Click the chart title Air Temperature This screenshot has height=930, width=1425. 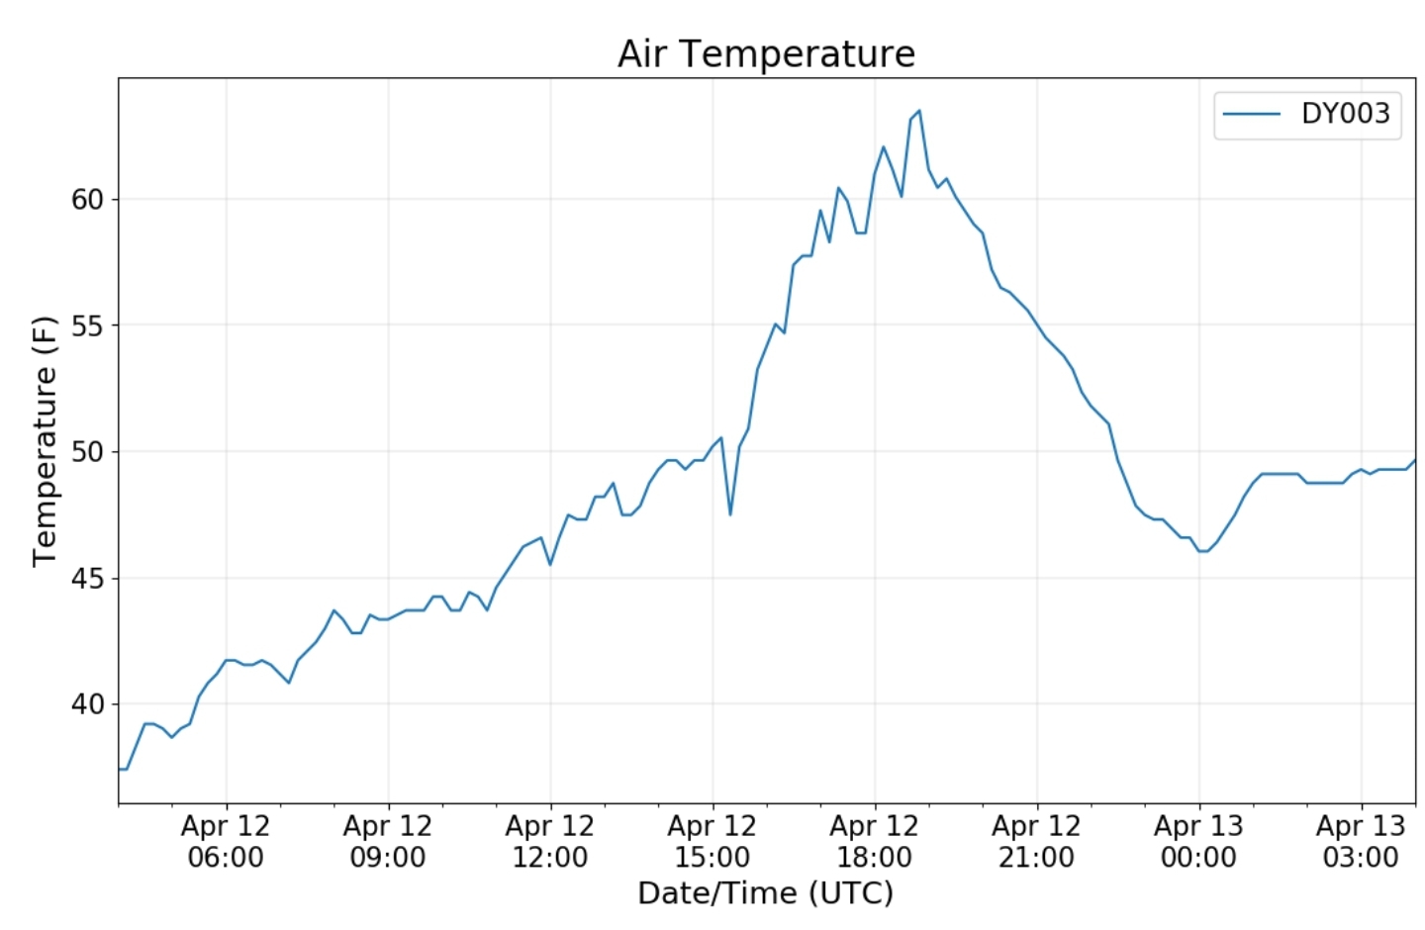click(x=766, y=53)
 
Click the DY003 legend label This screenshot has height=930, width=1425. click(x=1345, y=114)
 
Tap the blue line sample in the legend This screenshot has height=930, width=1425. click(x=1252, y=114)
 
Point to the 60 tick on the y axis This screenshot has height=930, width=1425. click(x=87, y=200)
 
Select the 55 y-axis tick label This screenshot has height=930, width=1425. click(x=87, y=326)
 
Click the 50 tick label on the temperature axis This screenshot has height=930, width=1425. click(x=87, y=452)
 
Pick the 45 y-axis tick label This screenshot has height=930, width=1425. click(x=87, y=579)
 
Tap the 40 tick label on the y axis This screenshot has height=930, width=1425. click(x=87, y=704)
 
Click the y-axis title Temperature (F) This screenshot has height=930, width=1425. click(x=45, y=441)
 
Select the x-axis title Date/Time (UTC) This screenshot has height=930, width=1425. click(x=766, y=892)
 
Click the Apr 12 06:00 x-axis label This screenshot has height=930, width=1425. click(x=226, y=841)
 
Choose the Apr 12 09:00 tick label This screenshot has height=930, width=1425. click(x=388, y=841)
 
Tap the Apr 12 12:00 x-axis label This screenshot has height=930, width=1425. click(x=550, y=841)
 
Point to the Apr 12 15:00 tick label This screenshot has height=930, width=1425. click(x=712, y=841)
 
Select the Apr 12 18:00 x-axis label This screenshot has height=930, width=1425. click(x=875, y=841)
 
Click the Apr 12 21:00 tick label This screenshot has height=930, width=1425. click(x=1037, y=841)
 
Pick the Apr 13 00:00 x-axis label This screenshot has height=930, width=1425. click(x=1198, y=841)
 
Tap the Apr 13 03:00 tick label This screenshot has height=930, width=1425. click(x=1361, y=841)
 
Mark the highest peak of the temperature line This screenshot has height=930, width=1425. click(x=919, y=111)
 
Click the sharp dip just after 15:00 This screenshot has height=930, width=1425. click(x=730, y=513)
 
